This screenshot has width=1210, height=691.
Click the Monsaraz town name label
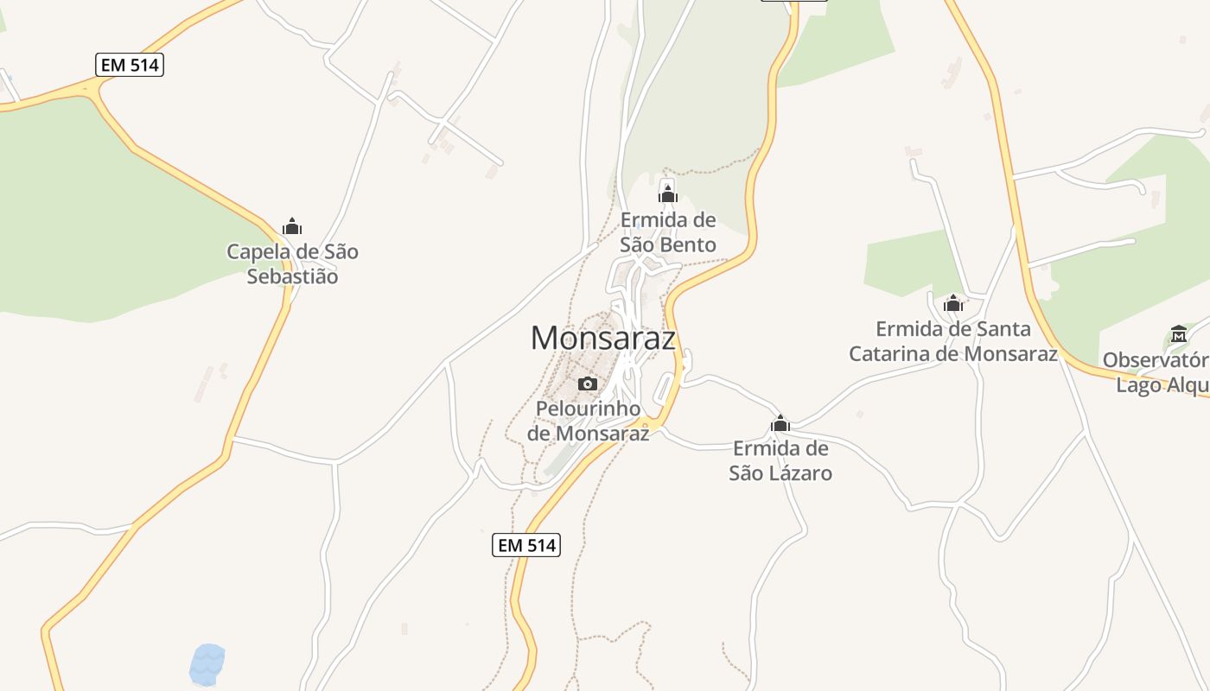(x=602, y=338)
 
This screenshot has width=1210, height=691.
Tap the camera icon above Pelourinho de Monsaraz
(x=588, y=384)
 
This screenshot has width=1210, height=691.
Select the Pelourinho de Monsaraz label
(x=588, y=421)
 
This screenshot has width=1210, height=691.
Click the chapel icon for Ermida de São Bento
(x=667, y=193)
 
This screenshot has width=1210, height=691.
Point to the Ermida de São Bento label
(x=668, y=232)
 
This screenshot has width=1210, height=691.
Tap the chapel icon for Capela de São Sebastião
(x=292, y=226)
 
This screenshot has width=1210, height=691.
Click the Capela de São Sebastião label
(x=292, y=264)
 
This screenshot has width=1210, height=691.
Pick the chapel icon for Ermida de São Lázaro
(x=780, y=423)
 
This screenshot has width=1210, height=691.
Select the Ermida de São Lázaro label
(x=780, y=460)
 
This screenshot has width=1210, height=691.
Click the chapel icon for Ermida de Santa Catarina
(x=953, y=303)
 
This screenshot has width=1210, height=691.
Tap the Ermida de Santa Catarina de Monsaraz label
(x=953, y=341)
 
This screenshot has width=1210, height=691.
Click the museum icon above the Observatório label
(x=1179, y=333)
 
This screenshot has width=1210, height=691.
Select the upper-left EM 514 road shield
(x=130, y=65)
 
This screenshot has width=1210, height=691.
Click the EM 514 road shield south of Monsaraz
(x=526, y=545)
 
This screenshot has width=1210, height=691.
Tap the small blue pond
(x=207, y=664)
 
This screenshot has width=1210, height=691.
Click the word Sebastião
(x=292, y=277)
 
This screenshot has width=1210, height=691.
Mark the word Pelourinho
(x=588, y=409)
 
